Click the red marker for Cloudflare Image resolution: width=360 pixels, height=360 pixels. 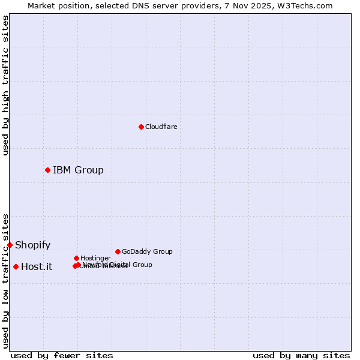[x=141, y=127]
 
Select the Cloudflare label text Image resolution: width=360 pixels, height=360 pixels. [x=161, y=127]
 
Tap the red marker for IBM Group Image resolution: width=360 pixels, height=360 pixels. [x=47, y=170]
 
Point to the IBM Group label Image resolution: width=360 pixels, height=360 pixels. [x=78, y=170]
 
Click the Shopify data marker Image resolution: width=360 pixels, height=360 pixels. [x=10, y=245]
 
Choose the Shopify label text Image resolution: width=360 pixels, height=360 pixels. [x=32, y=245]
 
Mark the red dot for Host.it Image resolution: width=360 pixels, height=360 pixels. [x=16, y=266]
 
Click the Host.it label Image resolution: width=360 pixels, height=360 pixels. [x=37, y=266]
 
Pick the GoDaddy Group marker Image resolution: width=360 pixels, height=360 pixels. [x=118, y=251]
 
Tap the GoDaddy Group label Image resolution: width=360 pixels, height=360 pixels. [x=147, y=251]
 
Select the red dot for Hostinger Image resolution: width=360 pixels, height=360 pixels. [x=76, y=258]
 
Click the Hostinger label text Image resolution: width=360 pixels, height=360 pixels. [x=95, y=258]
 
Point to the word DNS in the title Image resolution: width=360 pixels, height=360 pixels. [x=136, y=5]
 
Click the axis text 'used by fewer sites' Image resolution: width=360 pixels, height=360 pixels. [x=62, y=355]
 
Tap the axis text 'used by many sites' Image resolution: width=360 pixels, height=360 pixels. [x=301, y=355]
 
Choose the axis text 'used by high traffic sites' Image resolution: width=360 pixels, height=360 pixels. [x=5, y=85]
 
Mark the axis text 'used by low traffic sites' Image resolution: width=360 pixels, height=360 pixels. [x=5, y=281]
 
